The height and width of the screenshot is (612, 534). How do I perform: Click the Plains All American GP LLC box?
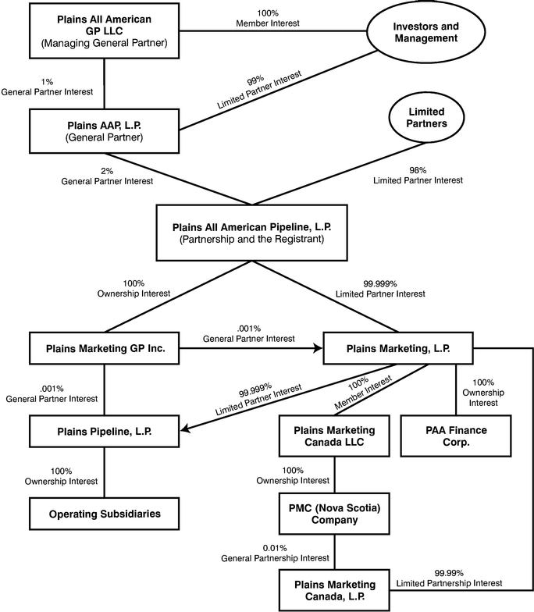[x=105, y=31]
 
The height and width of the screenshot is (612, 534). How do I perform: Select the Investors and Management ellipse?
[x=426, y=31]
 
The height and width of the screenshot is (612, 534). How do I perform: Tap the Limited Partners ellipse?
[x=426, y=117]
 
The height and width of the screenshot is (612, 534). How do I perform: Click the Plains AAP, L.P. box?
[x=105, y=131]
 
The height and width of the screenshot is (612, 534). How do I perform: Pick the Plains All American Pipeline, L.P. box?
[x=251, y=233]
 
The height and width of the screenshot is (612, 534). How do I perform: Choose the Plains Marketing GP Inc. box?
[x=105, y=348]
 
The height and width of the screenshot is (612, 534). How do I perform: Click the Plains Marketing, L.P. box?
[x=398, y=348]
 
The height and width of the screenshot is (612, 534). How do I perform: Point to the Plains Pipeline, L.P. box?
[x=105, y=431]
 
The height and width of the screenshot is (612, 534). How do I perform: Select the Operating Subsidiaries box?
[x=105, y=514]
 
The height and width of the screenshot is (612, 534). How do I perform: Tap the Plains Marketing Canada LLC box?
[x=334, y=436]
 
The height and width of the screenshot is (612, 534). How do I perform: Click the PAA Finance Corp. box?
[x=456, y=436]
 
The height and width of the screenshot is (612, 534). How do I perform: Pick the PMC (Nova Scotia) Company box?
[x=334, y=514]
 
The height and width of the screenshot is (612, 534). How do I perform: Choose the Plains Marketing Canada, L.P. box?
[x=334, y=590]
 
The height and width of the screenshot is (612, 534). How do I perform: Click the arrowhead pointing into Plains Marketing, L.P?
[x=319, y=348]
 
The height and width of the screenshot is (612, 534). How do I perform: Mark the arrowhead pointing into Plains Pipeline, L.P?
[x=185, y=429]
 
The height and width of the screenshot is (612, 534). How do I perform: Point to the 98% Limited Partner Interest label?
[x=418, y=175]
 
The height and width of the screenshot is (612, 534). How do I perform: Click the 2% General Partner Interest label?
[x=107, y=176]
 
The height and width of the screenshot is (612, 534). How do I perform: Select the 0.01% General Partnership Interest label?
[x=275, y=553]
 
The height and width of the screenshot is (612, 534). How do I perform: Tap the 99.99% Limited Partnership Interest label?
[x=450, y=578]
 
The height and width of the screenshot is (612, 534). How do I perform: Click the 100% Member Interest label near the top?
[x=268, y=19]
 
